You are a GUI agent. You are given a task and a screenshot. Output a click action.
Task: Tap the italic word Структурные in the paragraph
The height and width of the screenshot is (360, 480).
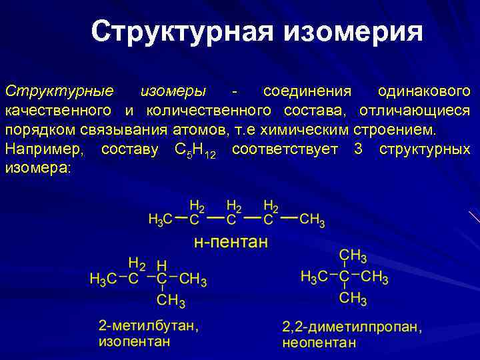pos(59,90)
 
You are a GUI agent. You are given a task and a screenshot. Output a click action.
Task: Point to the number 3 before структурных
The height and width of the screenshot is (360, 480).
pos(359,149)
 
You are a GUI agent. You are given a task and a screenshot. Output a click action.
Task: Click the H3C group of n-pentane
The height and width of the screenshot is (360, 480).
pos(161,219)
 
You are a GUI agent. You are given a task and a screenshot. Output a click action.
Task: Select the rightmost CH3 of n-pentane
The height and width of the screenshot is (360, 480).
pos(312,219)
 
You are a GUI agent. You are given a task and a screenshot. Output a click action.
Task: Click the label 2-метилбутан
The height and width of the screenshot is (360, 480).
pos(147,327)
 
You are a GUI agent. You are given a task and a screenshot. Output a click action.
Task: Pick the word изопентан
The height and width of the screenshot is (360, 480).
pos(134,341)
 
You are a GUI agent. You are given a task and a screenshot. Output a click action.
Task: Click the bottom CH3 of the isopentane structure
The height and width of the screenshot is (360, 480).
pos(171,301)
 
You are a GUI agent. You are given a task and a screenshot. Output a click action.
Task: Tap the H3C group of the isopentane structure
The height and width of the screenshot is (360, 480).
pos(103,279)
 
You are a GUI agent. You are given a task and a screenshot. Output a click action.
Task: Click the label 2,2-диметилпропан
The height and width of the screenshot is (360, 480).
pos(351,327)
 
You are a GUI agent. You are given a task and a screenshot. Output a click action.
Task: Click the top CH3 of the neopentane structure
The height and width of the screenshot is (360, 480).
pos(353,255)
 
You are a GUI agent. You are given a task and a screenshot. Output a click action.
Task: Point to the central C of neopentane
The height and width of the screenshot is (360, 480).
pos(345,276)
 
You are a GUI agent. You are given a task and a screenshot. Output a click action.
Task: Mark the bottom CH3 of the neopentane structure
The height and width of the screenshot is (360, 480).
pos(353,298)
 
